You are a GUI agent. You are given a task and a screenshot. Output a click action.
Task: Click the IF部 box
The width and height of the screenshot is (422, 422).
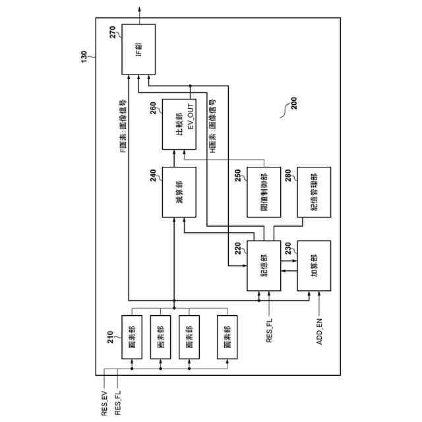click(x=138, y=49)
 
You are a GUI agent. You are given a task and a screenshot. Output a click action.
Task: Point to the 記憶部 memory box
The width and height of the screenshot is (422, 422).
click(x=264, y=265)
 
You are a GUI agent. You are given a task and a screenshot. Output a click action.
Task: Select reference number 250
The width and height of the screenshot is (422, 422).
click(x=239, y=175)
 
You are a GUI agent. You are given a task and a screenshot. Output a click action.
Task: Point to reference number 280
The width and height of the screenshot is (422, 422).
click(x=288, y=175)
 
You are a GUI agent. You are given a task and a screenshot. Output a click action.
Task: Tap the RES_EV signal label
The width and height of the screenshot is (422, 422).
click(x=104, y=402)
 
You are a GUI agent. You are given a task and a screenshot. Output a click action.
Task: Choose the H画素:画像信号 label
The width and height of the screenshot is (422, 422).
click(x=213, y=125)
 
